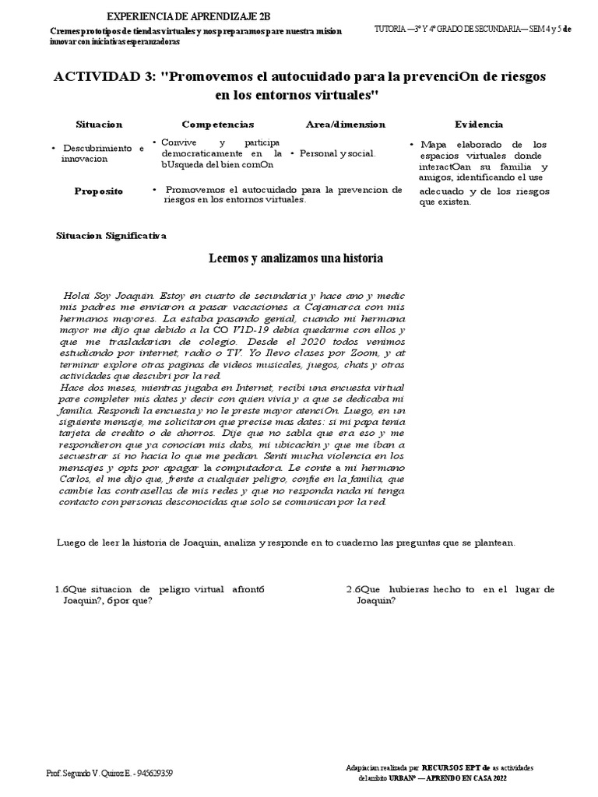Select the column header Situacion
[x=99, y=125]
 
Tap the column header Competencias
[x=217, y=125]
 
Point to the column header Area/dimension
[x=345, y=125]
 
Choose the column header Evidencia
[x=478, y=125]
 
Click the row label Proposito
[x=99, y=191]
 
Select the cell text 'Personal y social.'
[x=337, y=154]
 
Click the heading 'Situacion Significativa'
[x=111, y=236]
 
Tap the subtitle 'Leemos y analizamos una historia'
[x=296, y=258]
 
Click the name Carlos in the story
[x=77, y=480]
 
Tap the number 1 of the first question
[x=58, y=589]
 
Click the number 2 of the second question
[x=350, y=589]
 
